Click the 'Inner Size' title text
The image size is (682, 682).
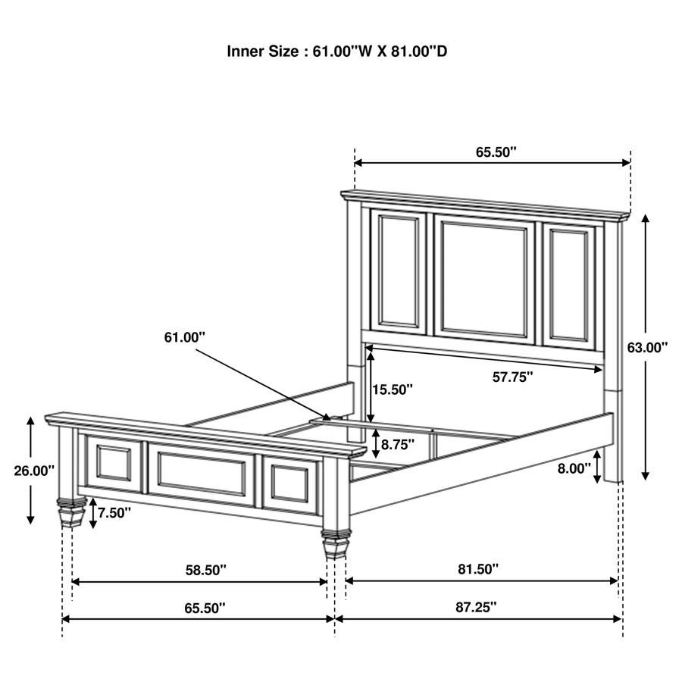pos(341,52)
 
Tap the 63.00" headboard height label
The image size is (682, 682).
pos(647,347)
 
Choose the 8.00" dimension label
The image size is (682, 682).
pos(574,468)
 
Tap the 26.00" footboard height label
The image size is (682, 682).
pos(34,471)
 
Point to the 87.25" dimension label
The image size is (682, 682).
pos(476,607)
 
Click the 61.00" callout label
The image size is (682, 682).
pos(185,337)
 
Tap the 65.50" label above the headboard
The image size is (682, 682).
pos(496,152)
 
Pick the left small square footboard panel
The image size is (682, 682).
pos(114,463)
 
